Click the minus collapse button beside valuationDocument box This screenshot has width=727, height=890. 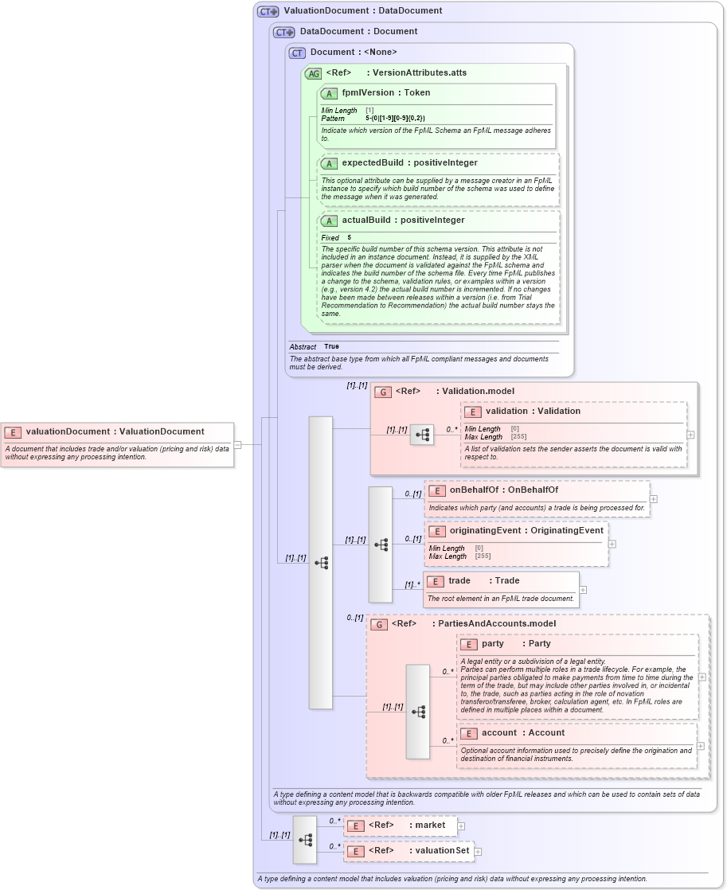pos(237,445)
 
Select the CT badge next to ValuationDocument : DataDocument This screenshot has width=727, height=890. pos(268,11)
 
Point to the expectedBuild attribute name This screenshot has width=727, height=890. pos(372,162)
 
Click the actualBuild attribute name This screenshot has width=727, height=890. pos(369,220)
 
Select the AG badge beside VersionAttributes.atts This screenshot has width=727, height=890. pos(313,72)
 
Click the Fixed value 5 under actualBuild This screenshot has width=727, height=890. pos(349,237)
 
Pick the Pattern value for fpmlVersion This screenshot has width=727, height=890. pos(395,118)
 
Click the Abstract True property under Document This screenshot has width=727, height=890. pos(330,346)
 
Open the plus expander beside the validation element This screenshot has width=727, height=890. pos(690,435)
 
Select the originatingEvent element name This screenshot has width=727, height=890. pos(485,530)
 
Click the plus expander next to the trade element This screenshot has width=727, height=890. pos(583,590)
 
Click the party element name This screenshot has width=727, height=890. pos(493,643)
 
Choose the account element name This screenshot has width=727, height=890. pos(499,732)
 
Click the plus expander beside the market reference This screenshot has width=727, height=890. pos(461,826)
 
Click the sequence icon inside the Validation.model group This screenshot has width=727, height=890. pos(422,434)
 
